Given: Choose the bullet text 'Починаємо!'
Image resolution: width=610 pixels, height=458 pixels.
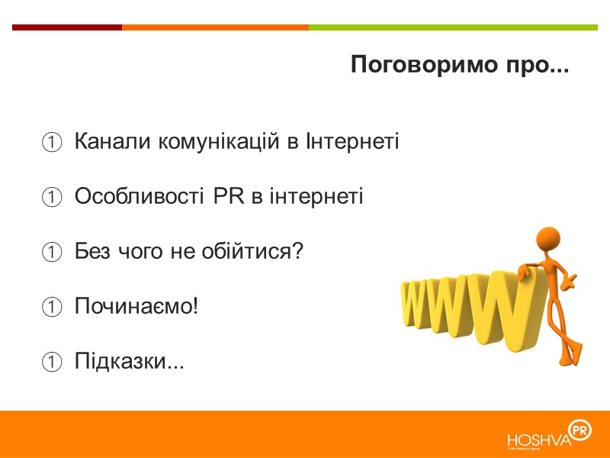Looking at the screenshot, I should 136,305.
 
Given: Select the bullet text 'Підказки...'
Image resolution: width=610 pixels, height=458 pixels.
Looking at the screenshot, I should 130,360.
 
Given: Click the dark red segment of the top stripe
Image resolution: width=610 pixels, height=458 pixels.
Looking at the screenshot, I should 67,27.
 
